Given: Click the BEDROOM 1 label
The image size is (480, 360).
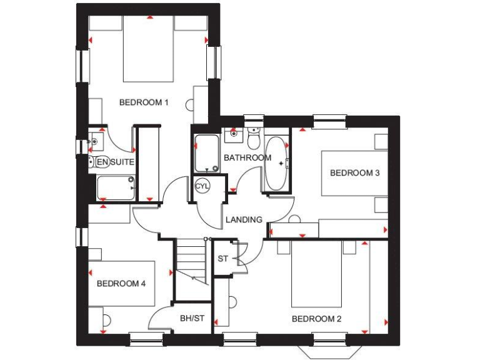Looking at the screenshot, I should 144,102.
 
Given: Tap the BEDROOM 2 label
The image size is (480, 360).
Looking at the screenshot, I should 317,319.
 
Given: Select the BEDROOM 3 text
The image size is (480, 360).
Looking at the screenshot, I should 355,172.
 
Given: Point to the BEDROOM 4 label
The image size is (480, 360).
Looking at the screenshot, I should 121,283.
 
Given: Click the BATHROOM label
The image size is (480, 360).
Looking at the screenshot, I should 247,157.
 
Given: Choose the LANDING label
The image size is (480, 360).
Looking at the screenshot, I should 244,219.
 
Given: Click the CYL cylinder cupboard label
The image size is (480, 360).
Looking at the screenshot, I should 202,186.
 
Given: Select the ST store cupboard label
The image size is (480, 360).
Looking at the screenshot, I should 222,258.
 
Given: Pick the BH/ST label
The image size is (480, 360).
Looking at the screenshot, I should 192,318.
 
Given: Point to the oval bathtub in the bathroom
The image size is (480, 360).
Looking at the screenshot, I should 277,164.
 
